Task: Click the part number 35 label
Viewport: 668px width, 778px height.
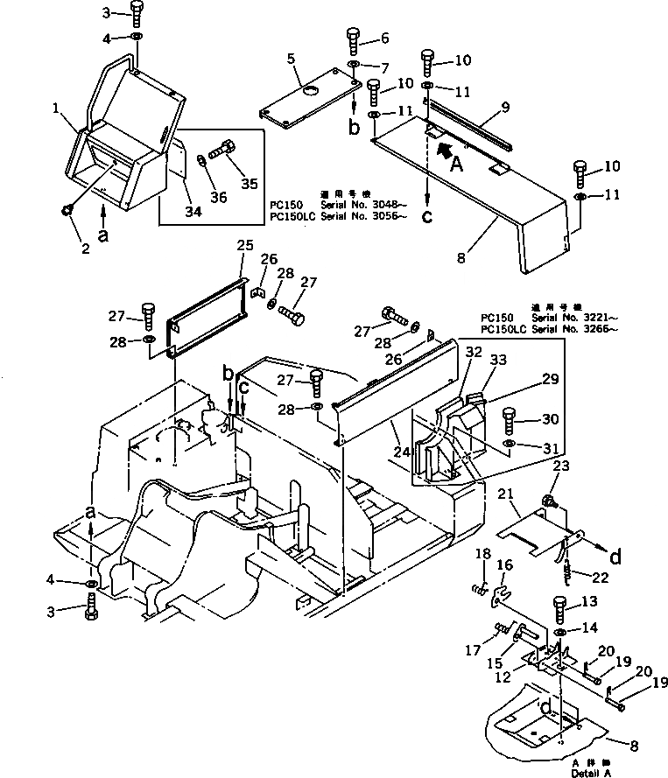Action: (250, 183)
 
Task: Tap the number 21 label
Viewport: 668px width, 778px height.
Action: (505, 494)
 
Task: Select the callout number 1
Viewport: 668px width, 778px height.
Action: (56, 110)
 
